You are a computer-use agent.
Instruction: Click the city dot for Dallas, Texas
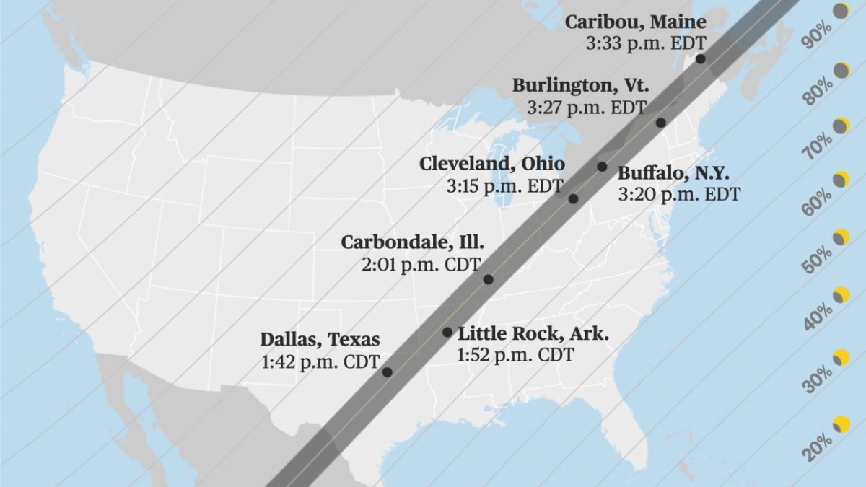coord(387,372)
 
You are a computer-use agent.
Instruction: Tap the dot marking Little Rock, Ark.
coord(447,332)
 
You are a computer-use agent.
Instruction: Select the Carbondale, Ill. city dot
coord(488,279)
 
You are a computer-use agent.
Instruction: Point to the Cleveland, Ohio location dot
coord(573,198)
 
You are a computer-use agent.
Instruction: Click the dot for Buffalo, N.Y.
coord(602,167)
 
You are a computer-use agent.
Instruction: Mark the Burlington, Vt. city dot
coord(660,123)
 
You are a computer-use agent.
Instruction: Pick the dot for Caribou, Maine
coord(700,59)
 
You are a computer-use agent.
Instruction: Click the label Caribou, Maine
coord(635,22)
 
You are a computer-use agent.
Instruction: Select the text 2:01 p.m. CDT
coord(421,265)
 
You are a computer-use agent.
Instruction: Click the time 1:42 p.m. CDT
coord(320,361)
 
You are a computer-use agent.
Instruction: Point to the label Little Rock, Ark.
coord(533,334)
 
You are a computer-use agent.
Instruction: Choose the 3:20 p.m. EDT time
coord(678,194)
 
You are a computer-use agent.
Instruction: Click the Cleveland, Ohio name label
coord(492,164)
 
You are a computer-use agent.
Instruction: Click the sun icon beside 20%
coord(841,424)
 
